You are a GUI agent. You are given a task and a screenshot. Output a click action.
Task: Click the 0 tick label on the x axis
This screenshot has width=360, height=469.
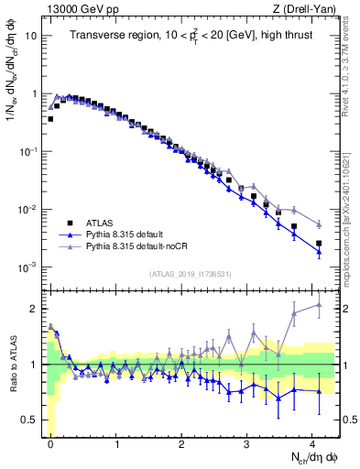click(x=50, y=443)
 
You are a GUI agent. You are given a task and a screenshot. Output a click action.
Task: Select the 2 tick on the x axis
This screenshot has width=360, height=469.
click(x=182, y=443)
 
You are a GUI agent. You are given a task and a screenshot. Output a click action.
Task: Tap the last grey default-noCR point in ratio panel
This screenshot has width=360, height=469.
click(x=319, y=305)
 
